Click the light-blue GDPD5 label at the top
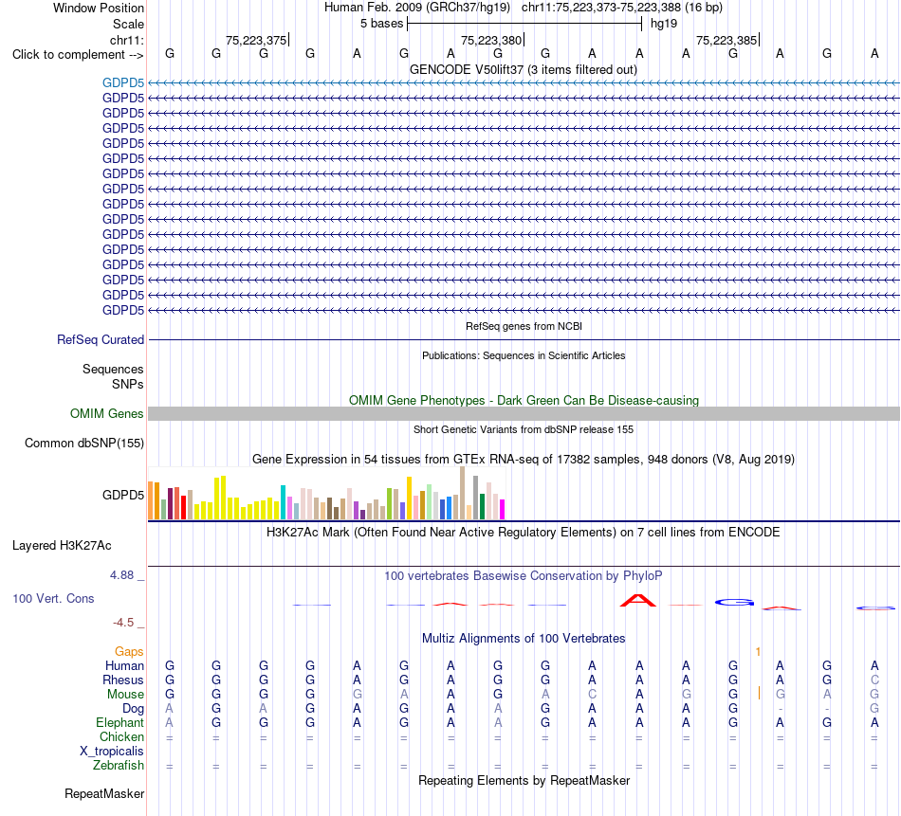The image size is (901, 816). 123,82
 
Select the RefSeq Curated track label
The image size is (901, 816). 101,339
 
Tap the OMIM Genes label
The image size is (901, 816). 107,413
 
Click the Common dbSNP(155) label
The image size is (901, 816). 84,443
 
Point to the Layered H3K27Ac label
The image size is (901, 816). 62,546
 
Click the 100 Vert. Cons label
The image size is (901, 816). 53,598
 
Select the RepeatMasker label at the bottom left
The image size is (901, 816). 104,793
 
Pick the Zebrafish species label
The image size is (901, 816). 119,765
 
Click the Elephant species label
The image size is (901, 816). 120,722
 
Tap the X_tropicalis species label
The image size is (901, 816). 112,752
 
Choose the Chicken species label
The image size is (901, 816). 121,736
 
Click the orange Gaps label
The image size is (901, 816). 129,651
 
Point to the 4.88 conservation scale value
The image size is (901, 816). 121,575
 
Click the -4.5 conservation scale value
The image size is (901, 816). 123,623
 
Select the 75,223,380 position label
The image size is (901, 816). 491,40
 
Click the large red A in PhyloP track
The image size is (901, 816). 638,601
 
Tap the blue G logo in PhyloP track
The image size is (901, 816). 734,603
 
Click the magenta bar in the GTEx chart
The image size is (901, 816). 503,509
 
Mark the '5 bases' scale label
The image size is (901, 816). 382,24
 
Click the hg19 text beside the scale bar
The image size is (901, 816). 664,24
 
